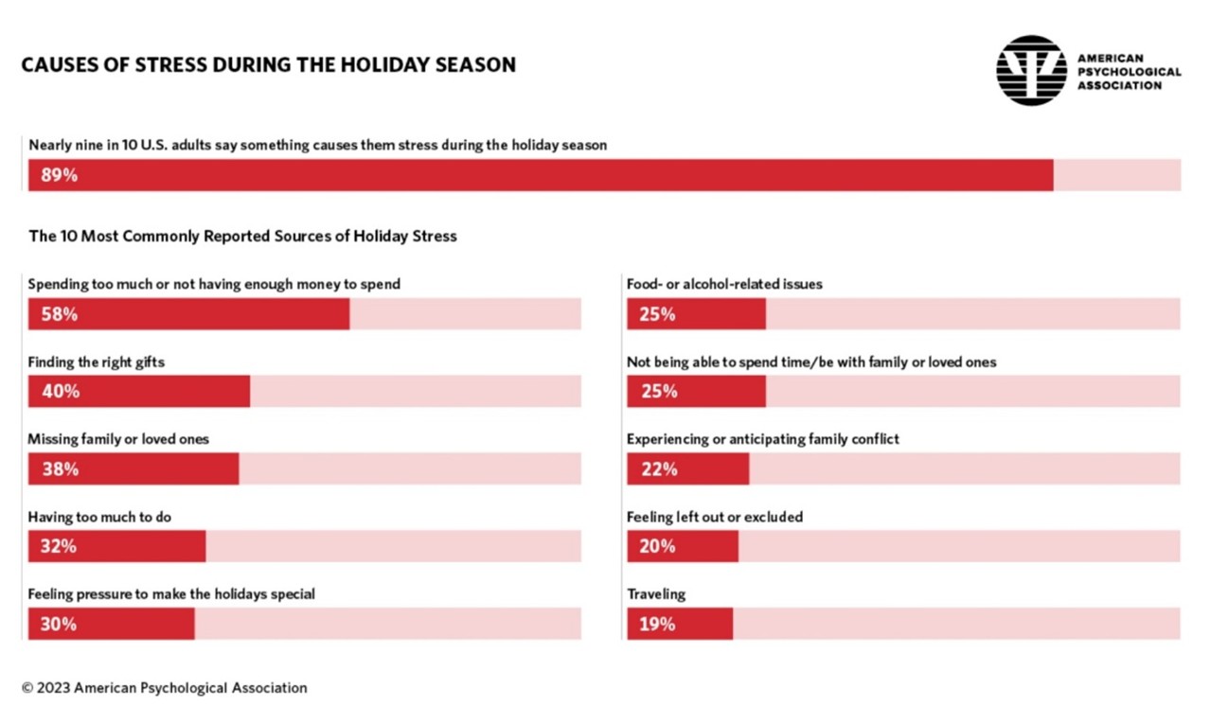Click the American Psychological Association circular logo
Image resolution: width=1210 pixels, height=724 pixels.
point(1031,70)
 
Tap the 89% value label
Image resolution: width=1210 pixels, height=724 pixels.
point(59,175)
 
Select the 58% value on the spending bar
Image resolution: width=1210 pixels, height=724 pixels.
point(59,314)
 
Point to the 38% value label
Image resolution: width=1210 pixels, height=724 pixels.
point(59,469)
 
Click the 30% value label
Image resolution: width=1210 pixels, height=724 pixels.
point(59,624)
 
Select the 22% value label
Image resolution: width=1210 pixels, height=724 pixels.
point(658,469)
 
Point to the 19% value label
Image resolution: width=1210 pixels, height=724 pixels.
point(657,624)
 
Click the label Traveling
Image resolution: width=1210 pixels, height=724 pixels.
point(656,594)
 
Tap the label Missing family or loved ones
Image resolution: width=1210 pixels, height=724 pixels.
point(118,439)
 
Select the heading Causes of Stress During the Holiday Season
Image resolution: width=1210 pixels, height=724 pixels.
point(269,65)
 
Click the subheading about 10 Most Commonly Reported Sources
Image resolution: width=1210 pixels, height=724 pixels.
point(242,236)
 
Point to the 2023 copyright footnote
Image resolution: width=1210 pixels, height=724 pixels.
point(164,688)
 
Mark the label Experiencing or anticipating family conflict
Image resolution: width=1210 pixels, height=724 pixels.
point(763,439)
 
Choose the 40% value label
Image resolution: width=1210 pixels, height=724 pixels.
point(59,392)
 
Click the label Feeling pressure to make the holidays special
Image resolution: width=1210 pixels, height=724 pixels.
point(171,594)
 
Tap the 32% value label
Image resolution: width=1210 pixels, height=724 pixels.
point(59,546)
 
